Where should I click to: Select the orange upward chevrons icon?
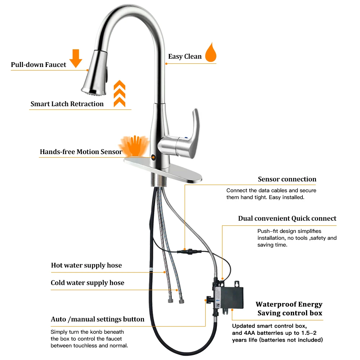[x=119, y=94]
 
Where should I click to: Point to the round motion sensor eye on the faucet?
[x=153, y=157]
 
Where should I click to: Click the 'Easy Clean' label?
[x=185, y=57]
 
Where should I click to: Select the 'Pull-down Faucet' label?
[x=39, y=65]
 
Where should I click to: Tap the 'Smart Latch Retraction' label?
[x=67, y=104]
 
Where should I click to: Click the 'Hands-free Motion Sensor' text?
[x=81, y=152]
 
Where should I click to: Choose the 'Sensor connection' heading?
[x=287, y=179]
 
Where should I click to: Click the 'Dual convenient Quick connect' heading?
[x=287, y=219]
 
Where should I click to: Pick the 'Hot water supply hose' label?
[x=86, y=266]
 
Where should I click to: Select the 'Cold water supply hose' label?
[x=87, y=283]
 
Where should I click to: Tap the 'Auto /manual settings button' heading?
[x=98, y=319]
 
